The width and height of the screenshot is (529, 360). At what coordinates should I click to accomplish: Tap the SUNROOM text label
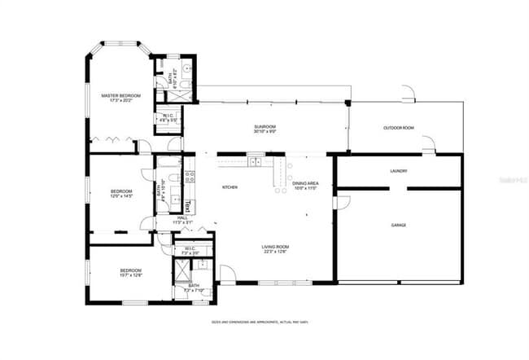[x=264, y=126]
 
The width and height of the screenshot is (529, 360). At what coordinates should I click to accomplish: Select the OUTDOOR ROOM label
[x=399, y=128]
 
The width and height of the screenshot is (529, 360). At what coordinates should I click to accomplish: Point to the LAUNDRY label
[x=399, y=171]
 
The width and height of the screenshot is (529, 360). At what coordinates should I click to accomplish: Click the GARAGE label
[x=399, y=225]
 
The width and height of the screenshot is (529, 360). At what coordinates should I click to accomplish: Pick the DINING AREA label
[x=305, y=183]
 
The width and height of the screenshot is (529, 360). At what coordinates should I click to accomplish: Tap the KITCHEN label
[x=230, y=188]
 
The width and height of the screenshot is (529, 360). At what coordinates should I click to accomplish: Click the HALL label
[x=182, y=217]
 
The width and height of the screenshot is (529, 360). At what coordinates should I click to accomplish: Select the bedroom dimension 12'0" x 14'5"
[x=121, y=196]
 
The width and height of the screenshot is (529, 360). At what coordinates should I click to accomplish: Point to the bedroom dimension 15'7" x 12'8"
[x=131, y=274]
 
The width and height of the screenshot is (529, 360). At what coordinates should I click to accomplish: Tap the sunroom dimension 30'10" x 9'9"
[x=264, y=131]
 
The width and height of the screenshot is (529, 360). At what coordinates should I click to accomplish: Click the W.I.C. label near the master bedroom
[x=166, y=116]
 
